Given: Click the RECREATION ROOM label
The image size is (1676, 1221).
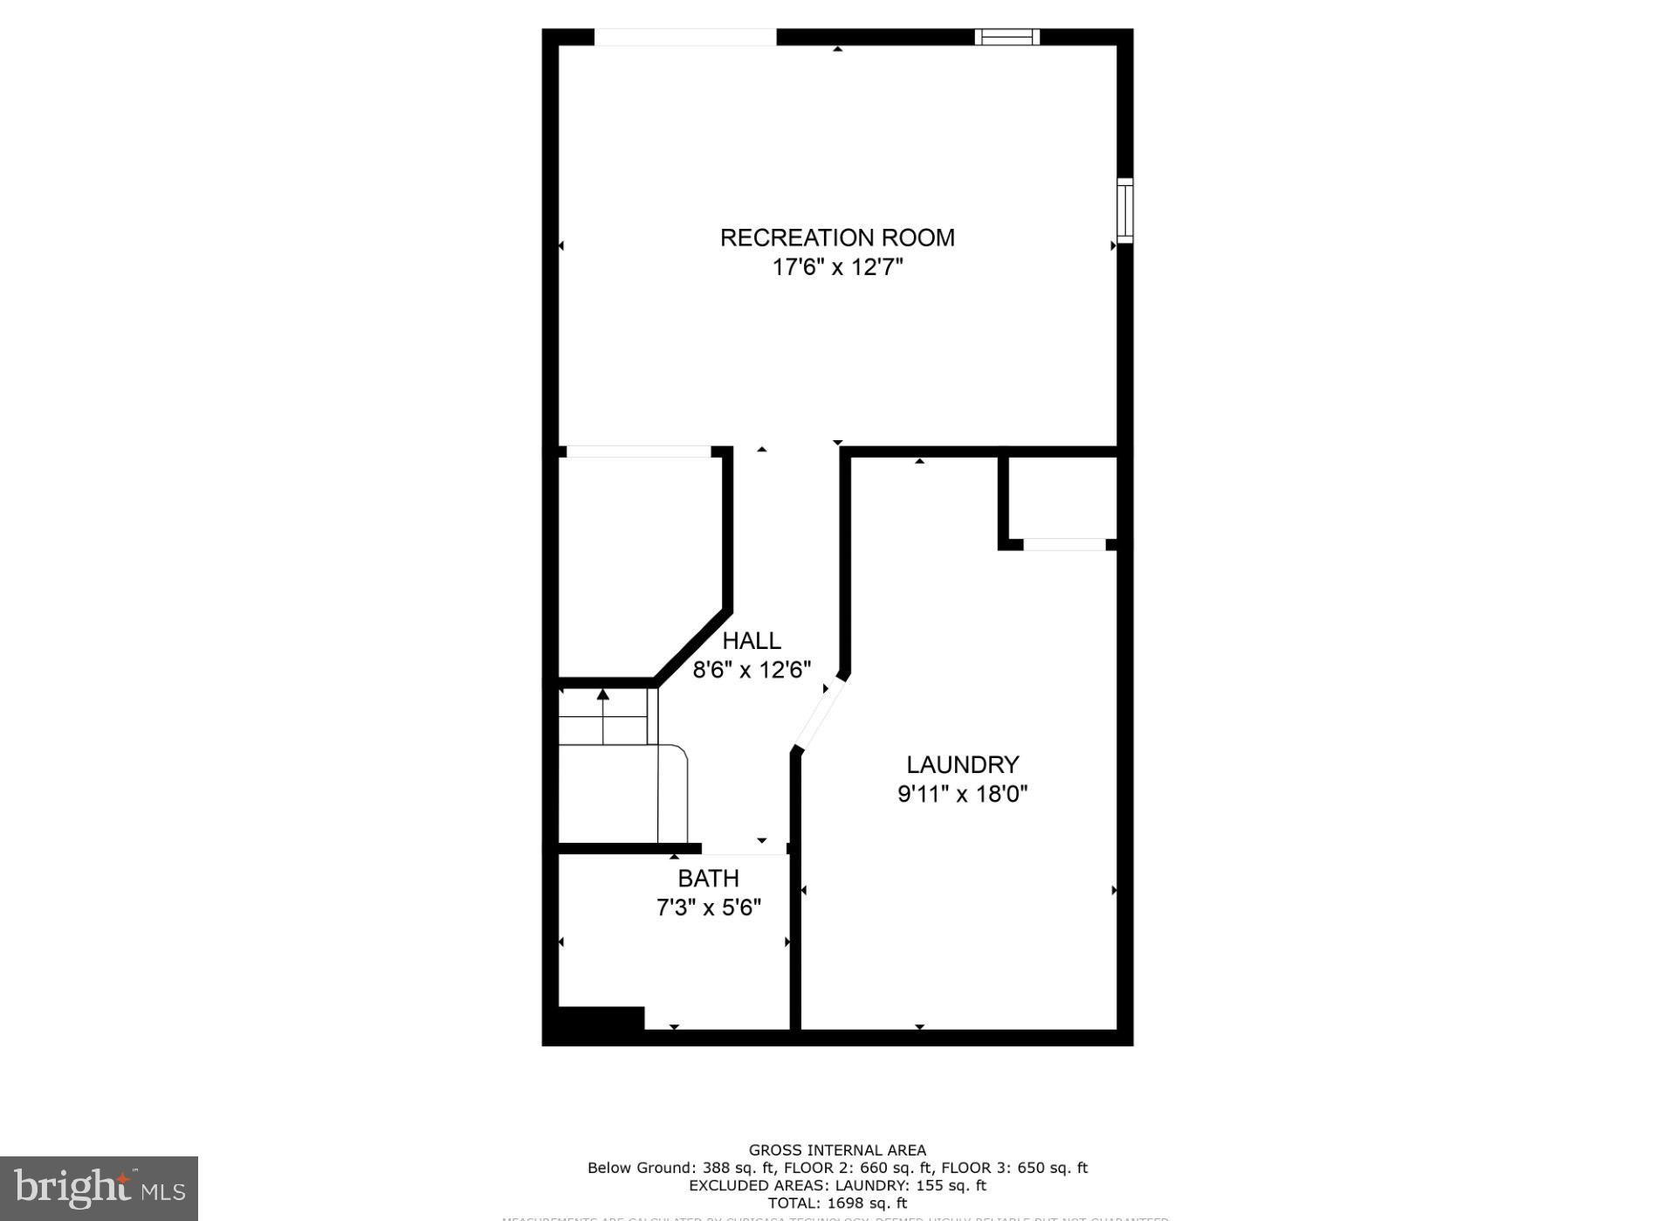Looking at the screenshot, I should coord(836,238).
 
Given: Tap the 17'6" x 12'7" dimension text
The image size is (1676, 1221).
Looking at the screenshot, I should coord(836,267).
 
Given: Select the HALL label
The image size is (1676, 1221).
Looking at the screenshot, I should coord(751,641).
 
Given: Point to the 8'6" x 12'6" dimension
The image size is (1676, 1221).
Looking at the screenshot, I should coord(752,670).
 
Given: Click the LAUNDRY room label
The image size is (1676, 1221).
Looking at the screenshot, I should coord(962,765).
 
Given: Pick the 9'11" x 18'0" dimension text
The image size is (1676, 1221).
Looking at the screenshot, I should coord(962,794).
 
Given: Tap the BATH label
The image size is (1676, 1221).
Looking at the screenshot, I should coord(708,879).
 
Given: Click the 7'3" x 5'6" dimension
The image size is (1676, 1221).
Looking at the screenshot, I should coord(708,908).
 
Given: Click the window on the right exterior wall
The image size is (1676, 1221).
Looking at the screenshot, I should coord(1125,210).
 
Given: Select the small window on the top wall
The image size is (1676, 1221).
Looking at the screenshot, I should coord(1006,37).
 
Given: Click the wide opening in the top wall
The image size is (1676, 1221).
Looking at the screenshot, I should coord(685,37).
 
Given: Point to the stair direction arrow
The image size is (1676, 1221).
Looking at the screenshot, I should coord(602,695).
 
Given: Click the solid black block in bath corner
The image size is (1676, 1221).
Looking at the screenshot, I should coord(601,1019).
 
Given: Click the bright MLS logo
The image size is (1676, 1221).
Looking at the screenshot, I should coord(99,1189).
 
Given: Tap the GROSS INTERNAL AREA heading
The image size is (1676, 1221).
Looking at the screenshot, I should coord(837,1150).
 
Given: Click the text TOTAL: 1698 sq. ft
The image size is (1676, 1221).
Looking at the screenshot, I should coord(837,1203).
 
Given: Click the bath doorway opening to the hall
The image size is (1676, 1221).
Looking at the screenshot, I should coord(744,849).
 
